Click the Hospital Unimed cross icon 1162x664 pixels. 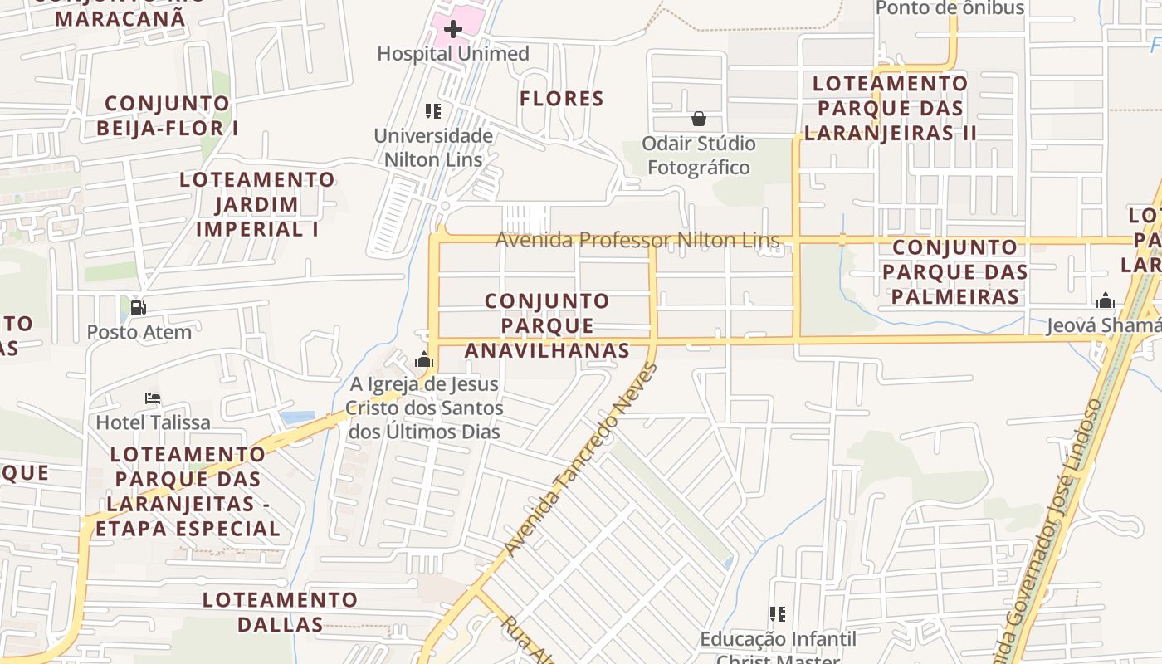tap(452, 30)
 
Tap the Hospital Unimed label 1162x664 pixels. tap(452, 54)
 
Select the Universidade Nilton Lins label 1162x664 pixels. tap(433, 148)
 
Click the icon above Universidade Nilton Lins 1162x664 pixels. tap(432, 110)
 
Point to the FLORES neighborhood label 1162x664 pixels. tap(562, 99)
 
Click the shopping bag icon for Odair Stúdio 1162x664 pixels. tap(699, 119)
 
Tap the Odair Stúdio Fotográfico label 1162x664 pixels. tap(699, 155)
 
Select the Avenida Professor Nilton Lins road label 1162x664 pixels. tap(637, 241)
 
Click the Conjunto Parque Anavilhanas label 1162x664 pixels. tap(547, 325)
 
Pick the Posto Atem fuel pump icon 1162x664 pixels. tap(139, 308)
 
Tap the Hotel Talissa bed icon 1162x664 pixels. tap(153, 398)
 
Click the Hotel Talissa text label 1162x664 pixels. tap(154, 422)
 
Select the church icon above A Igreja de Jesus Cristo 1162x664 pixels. tap(424, 359)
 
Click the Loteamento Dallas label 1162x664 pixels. tap(281, 612)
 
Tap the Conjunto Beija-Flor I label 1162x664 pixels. tap(168, 115)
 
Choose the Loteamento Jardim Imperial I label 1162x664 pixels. tap(257, 204)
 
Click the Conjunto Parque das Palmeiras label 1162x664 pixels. tap(954, 271)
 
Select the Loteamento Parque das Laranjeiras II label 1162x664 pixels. tap(890, 108)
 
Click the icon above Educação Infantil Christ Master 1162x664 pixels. tap(778, 614)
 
